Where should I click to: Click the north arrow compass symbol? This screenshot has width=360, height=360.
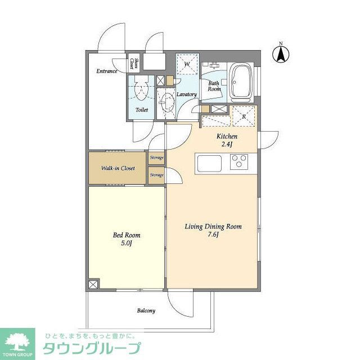(x=280, y=54)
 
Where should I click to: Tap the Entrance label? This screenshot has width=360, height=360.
(x=106, y=71)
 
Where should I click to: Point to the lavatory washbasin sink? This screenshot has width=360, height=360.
(x=166, y=101)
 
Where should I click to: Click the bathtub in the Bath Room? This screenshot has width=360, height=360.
(x=242, y=82)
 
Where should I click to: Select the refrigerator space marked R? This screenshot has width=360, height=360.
(x=243, y=116)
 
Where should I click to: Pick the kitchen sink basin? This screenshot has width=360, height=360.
(x=210, y=163)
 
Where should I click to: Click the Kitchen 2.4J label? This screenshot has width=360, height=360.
(x=227, y=141)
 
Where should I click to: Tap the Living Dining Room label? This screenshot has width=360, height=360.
(x=213, y=231)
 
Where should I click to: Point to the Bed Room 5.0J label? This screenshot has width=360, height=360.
(x=127, y=239)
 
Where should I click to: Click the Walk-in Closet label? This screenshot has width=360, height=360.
(x=118, y=168)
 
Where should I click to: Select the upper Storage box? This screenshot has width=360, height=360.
(x=156, y=158)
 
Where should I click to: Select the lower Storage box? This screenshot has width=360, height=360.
(x=156, y=175)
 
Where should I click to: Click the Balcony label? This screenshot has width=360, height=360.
(x=146, y=310)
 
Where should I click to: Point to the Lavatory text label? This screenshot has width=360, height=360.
(x=186, y=94)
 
